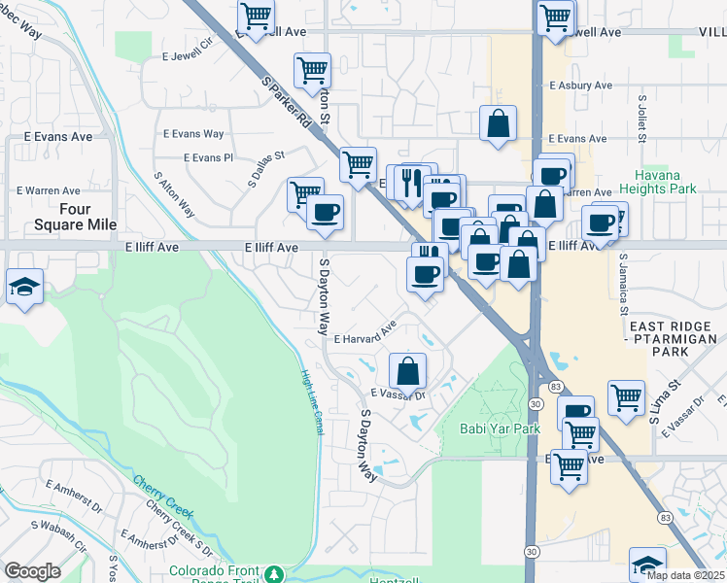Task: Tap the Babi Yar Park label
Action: (499, 428)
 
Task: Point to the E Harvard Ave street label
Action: (365, 334)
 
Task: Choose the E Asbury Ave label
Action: (580, 86)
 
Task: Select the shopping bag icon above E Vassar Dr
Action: (408, 370)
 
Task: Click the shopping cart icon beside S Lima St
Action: (626, 396)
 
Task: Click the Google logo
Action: (32, 571)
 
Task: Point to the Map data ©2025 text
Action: (685, 575)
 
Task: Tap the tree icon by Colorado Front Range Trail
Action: (275, 572)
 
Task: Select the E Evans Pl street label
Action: (209, 157)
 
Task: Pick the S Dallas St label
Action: (265, 166)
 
